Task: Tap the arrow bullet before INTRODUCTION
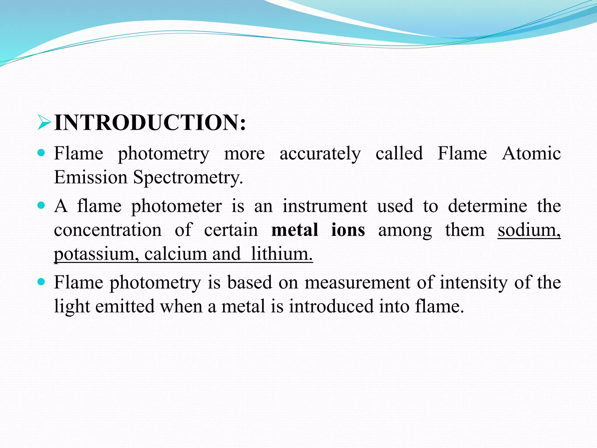[44, 123]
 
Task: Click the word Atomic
[531, 153]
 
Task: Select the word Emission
[91, 177]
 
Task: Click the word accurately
[320, 154]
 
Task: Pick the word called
[399, 153]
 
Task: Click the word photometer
[176, 206]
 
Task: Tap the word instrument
[325, 206]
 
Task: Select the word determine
[487, 206]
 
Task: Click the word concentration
[108, 230]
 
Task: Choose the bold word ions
[348, 230]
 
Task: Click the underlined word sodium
[529, 230]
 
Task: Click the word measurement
[357, 282]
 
